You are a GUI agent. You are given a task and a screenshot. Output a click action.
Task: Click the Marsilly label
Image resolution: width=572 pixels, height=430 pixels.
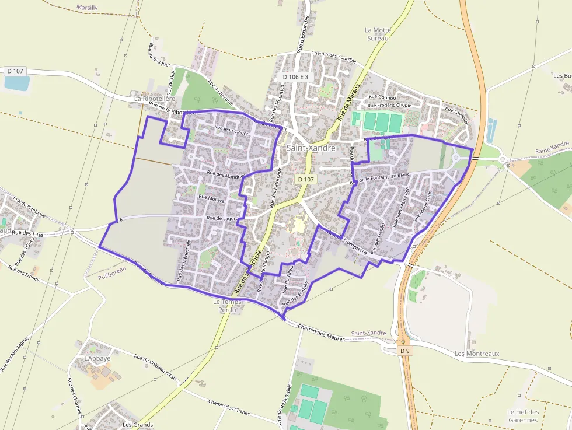pos(88,8)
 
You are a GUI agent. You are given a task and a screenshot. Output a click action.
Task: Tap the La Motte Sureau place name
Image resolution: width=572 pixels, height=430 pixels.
pos(378,34)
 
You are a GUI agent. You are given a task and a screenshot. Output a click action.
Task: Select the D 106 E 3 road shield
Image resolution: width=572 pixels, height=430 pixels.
pos(298,76)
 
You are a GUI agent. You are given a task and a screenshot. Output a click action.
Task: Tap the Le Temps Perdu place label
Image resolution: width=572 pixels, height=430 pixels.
pos(224,305)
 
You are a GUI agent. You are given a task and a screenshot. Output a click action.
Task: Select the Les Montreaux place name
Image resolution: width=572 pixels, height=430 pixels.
pos(477,354)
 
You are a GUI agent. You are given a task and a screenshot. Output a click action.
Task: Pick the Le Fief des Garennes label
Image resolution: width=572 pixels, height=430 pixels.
pos(522,415)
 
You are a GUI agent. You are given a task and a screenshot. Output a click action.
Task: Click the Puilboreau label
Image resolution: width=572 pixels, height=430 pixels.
pos(112,275)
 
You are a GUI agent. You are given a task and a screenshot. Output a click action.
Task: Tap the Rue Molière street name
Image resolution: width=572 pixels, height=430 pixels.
pos(211,198)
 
